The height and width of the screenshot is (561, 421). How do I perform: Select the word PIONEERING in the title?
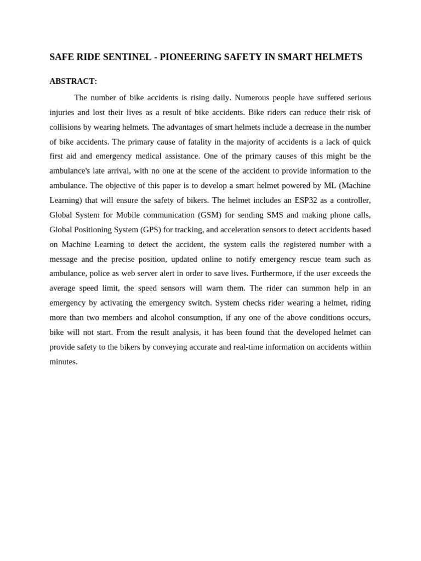point(190,57)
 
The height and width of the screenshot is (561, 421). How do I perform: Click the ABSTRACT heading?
point(73,81)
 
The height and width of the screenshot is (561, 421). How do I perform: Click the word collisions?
point(65,127)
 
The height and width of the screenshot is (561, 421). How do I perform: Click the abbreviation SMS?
point(275,215)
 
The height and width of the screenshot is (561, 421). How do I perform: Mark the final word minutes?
point(63,362)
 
